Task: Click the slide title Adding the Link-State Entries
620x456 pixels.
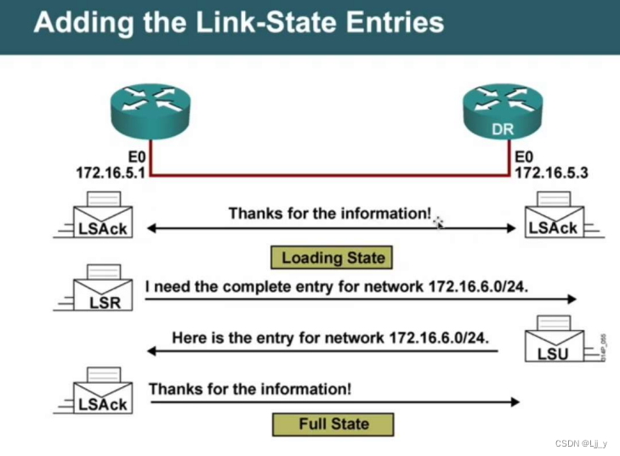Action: point(238,22)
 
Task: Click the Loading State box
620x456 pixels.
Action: point(333,257)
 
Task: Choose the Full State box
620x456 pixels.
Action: point(333,424)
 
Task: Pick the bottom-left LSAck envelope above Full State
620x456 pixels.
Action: point(101,394)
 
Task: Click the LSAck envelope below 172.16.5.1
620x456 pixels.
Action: point(101,218)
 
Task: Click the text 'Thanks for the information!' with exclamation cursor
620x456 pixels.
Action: point(329,213)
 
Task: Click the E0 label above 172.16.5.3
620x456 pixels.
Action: point(526,157)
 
